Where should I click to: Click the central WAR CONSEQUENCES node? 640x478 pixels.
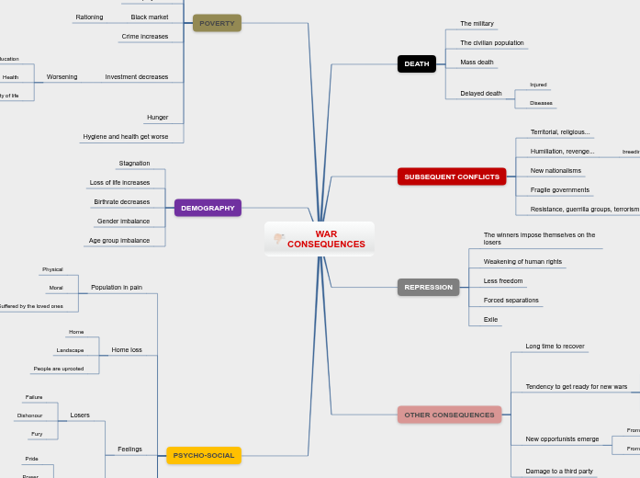coord(325,240)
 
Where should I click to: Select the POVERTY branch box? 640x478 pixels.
coord(217,23)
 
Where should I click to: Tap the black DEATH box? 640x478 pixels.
coord(417,63)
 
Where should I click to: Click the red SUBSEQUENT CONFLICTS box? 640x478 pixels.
coord(452,176)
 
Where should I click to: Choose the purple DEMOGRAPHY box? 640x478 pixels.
coord(208,208)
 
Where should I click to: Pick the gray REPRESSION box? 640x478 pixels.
coord(428,287)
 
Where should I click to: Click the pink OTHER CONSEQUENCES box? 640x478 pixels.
coord(449,415)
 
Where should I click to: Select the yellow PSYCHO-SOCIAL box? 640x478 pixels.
coord(204,455)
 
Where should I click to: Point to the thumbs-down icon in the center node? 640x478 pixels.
coord(278,240)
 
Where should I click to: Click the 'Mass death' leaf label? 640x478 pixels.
coord(477,63)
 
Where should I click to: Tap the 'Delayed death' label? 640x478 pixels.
coord(481,93)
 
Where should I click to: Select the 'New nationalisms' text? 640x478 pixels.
coord(556,170)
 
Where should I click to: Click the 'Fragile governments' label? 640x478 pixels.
coord(560,189)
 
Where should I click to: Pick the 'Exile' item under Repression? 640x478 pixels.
coord(491,319)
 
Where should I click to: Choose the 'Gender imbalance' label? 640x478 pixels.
coord(123,222)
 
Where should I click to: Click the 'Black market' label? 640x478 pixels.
coord(150,17)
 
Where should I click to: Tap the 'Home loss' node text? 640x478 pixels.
coord(127,350)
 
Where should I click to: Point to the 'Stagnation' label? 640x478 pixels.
coord(134,164)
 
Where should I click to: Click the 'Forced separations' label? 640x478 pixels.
coord(511,301)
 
